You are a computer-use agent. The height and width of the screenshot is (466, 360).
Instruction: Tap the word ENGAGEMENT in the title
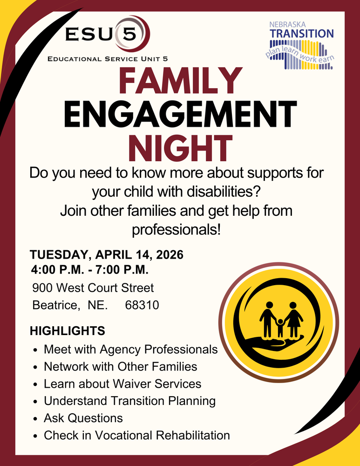coord(180,114)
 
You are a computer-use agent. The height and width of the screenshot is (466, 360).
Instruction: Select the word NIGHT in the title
coord(180,147)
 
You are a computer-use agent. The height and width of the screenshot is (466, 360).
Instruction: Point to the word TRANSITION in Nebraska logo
coord(302,34)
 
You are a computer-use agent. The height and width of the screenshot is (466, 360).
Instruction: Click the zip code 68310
coord(142,305)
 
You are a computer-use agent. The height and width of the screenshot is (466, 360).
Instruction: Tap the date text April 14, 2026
coord(140,255)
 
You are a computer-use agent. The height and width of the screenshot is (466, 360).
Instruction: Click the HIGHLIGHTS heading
coord(68,331)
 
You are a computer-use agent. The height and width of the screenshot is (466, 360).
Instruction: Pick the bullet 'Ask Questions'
coord(83,418)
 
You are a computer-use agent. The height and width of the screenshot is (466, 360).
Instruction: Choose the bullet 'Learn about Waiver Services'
coord(122,384)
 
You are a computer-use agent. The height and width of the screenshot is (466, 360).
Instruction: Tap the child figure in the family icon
coord(280,326)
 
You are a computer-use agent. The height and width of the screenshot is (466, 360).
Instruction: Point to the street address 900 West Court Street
coord(93,288)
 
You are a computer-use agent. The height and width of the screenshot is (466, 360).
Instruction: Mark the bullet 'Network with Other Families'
coord(120,366)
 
